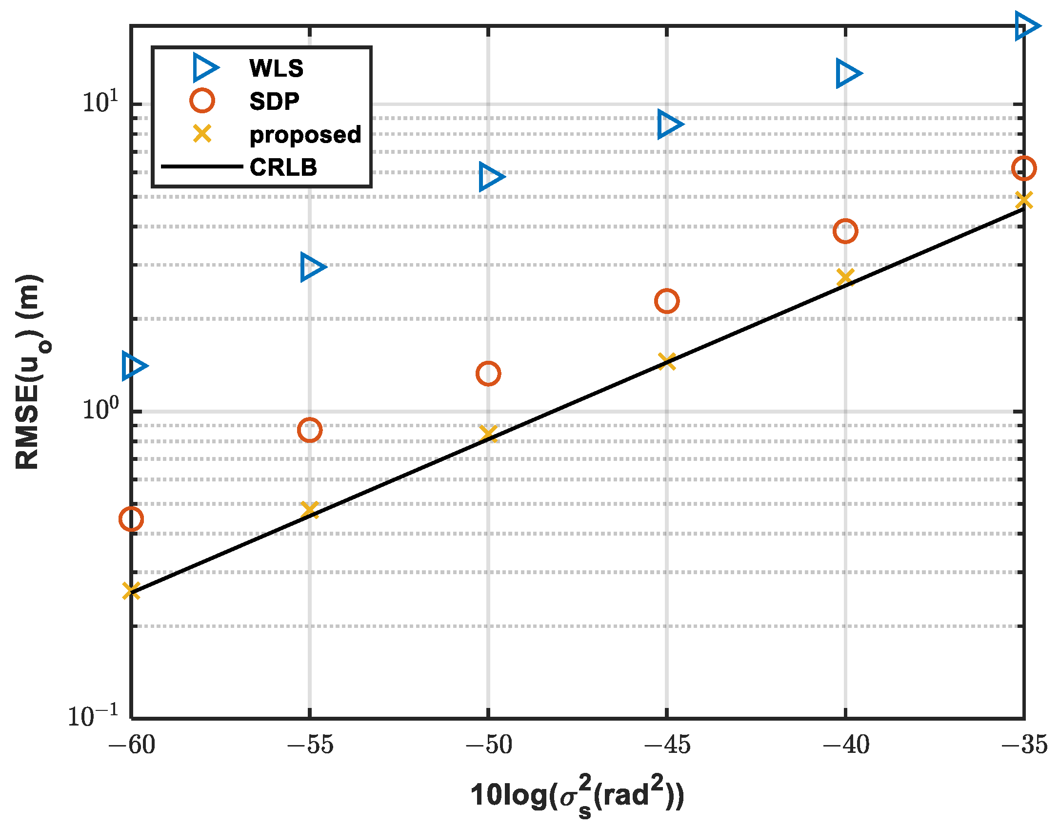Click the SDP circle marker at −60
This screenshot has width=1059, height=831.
pos(131,519)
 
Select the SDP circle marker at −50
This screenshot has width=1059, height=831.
pos(488,374)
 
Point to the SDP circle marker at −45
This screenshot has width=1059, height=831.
pos(667,301)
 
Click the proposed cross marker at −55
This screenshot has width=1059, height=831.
pos(310,510)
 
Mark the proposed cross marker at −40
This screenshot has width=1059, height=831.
pos(845,277)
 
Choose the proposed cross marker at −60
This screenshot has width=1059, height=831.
pos(131,590)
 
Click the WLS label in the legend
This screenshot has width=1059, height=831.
pos(276,68)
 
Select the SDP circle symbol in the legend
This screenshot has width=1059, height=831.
pos(202,101)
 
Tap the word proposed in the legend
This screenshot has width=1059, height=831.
pos(305,134)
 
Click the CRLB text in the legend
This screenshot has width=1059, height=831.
pos(283,167)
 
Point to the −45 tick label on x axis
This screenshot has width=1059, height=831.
pos(667,745)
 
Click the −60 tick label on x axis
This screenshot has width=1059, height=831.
pos(131,745)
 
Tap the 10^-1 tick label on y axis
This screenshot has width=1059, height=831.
pos(93,716)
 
